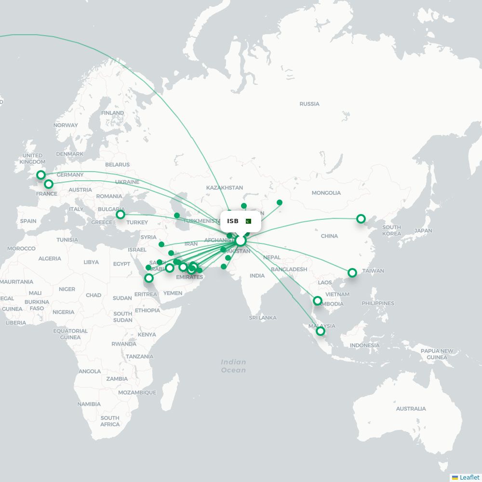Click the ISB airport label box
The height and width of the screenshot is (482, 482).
click(x=241, y=221)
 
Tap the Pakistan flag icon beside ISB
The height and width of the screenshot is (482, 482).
click(x=248, y=221)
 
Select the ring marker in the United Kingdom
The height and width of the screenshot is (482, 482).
click(x=41, y=175)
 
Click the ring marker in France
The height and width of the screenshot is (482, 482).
click(x=49, y=184)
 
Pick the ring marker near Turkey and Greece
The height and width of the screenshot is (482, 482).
click(x=120, y=214)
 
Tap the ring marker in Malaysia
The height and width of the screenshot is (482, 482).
click(x=320, y=331)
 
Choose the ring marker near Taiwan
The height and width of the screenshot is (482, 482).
click(x=352, y=273)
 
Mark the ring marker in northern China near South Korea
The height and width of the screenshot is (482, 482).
click(x=361, y=219)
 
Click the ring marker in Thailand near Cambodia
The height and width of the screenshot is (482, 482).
click(x=317, y=301)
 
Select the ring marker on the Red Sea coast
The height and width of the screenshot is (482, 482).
click(x=149, y=278)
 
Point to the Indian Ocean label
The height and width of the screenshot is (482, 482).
click(x=233, y=366)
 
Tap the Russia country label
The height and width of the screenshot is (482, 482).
click(x=309, y=104)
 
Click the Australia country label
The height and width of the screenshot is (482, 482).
click(x=411, y=408)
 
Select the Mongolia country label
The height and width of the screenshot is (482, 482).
click(x=326, y=193)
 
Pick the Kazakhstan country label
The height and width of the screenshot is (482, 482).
click(x=224, y=187)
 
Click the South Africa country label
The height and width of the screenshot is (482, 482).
click(x=110, y=421)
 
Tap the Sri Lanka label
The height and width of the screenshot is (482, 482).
click(x=263, y=318)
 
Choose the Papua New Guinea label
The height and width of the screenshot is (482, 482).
click(x=437, y=354)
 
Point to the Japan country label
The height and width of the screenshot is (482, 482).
click(x=423, y=230)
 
